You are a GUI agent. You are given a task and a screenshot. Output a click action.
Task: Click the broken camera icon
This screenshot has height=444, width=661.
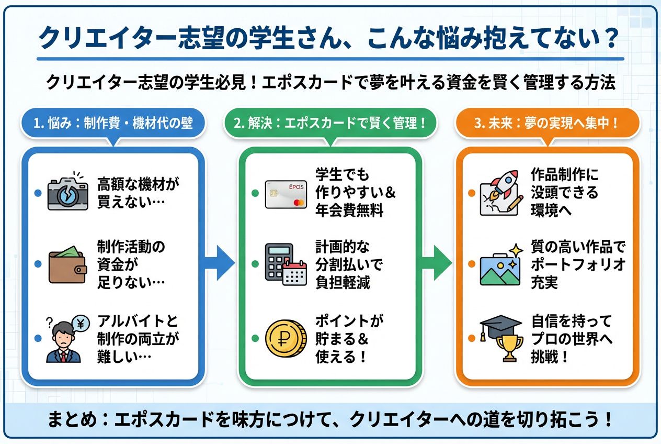(x=68, y=192)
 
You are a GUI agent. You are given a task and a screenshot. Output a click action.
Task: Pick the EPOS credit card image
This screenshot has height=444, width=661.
(x=286, y=194)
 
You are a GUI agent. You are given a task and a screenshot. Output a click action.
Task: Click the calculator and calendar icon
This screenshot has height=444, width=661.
(x=286, y=264)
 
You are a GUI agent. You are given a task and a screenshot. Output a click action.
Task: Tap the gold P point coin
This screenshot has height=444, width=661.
(x=286, y=339)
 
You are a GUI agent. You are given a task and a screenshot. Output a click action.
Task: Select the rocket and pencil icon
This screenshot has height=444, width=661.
(x=501, y=193)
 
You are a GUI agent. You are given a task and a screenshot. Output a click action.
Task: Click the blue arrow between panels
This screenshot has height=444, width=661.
(x=219, y=263)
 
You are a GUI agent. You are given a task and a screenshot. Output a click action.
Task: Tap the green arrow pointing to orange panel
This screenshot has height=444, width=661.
(x=436, y=263)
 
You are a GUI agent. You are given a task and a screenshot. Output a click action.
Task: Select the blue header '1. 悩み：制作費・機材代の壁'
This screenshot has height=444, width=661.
(x=113, y=124)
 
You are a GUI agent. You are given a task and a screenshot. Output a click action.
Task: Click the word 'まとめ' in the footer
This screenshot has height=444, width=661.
(x=72, y=419)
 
